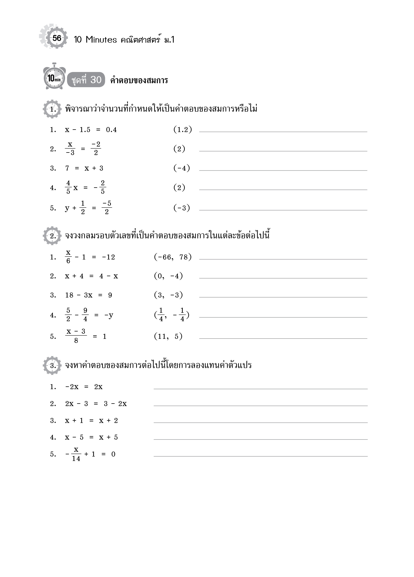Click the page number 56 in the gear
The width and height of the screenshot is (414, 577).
point(57,38)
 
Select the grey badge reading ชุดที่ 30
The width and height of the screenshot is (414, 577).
point(86,80)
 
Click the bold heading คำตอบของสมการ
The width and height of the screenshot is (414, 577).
point(139,80)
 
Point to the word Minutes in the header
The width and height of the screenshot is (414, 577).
point(101,40)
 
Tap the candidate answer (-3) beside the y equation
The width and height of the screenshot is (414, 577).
point(181,208)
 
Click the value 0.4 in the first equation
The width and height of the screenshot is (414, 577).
point(111,130)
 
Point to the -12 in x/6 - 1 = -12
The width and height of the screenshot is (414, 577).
point(109,257)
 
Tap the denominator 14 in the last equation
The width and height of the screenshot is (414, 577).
point(76,458)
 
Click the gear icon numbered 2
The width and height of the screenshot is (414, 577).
point(52,236)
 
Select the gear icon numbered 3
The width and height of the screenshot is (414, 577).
point(52,365)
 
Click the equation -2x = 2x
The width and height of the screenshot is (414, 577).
point(84,387)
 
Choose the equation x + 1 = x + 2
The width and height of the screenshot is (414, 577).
point(91,421)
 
